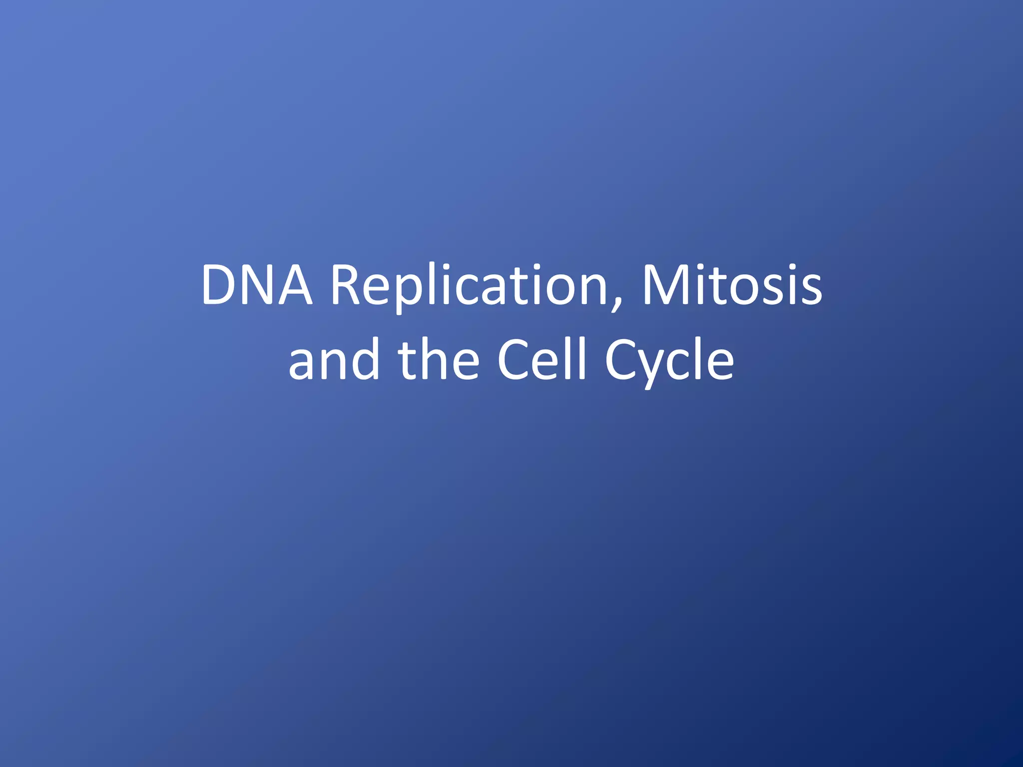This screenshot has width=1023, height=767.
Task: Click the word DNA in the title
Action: pos(257,285)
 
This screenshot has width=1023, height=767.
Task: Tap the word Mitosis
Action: pos(732,285)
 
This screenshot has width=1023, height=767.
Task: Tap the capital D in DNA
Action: pos(219,285)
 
